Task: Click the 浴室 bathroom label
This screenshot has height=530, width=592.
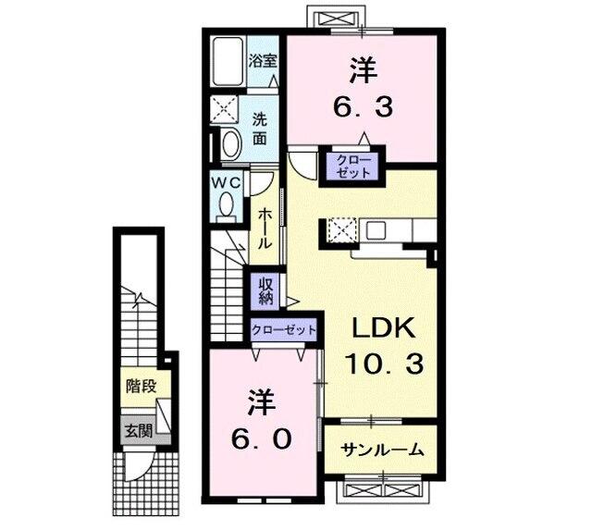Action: point(263,62)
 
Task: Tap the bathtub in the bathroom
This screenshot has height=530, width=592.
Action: point(227,63)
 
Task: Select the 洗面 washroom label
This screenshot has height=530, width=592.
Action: point(262,129)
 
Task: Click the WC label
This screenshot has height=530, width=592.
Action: point(228,183)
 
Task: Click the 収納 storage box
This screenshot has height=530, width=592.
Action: point(265,290)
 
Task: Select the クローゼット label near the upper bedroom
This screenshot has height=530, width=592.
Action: point(348,166)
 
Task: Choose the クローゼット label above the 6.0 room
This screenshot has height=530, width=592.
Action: point(284,330)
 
